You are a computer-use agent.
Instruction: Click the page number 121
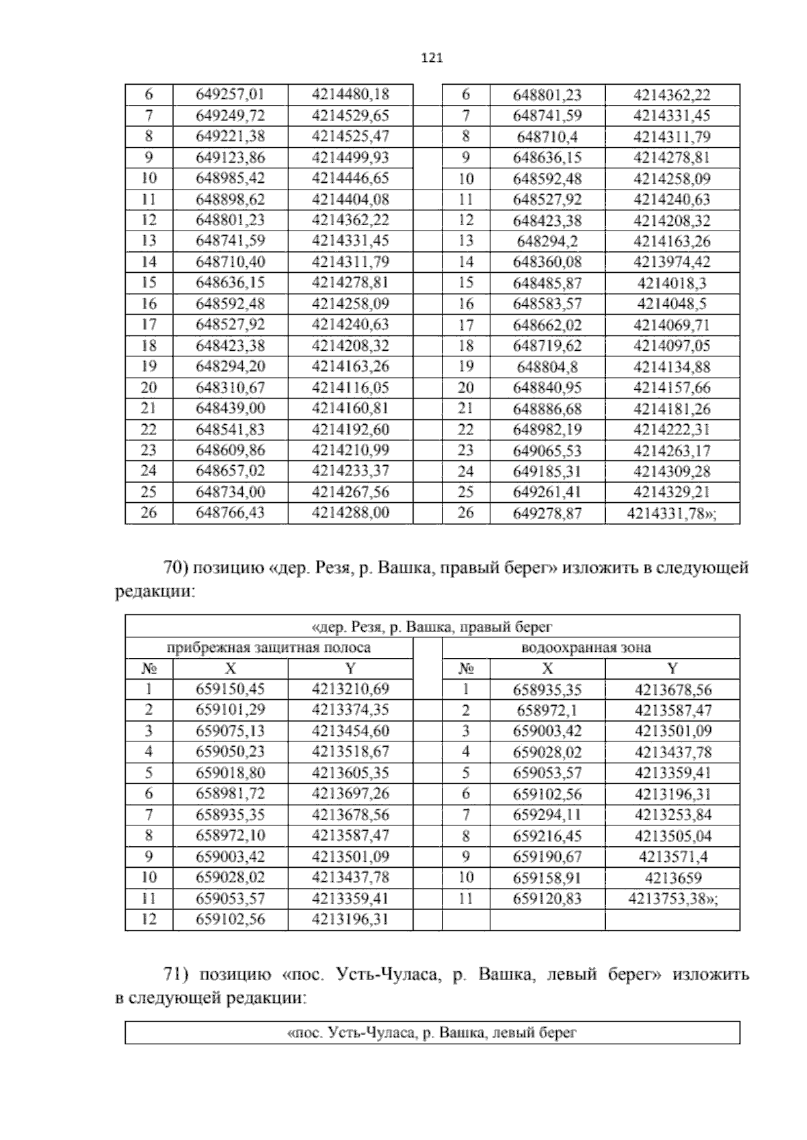[432, 58]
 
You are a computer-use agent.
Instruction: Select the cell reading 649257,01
[230, 94]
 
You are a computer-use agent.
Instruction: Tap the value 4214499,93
[350, 157]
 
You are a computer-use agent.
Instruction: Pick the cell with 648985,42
[230, 178]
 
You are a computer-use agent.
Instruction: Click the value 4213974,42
[672, 261]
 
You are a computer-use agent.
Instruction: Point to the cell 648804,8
[547, 367]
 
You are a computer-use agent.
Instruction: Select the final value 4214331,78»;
[672, 514]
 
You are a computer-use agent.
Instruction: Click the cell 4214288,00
[350, 512]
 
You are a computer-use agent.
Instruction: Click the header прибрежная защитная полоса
[268, 648]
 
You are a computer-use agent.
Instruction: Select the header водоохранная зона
[586, 648]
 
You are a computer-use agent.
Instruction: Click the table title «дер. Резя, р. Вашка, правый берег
[432, 627]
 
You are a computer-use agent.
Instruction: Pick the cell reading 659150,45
[230, 688]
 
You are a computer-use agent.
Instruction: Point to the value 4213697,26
[350, 793]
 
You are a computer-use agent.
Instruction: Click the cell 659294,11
[547, 815]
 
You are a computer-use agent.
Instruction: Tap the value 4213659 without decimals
[672, 878]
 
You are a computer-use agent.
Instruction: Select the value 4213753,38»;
[672, 899]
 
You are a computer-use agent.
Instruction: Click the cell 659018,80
[230, 772]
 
